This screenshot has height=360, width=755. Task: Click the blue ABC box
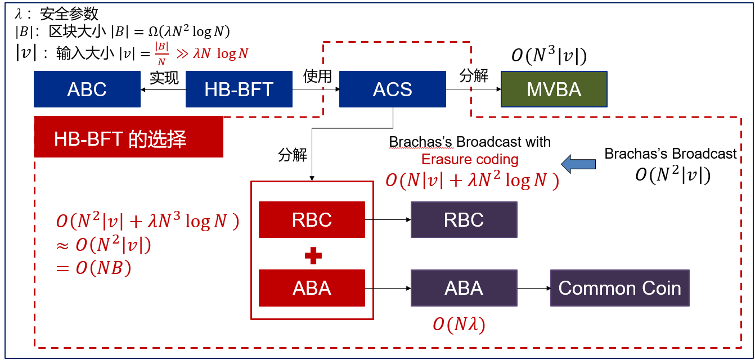87,89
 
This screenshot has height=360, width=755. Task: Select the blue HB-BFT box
239,89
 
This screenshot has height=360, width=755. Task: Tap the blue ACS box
392,89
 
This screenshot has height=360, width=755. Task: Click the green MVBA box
554,89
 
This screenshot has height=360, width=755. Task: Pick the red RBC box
312,219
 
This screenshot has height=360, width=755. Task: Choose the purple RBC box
464,219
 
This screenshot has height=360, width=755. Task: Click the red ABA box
312,288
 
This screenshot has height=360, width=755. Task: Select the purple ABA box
464,288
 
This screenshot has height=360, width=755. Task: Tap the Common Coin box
619,288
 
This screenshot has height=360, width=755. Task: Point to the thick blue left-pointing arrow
578,164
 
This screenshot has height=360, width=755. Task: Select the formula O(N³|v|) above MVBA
549,56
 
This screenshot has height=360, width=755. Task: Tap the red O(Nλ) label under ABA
459,325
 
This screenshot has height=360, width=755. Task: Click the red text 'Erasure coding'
470,159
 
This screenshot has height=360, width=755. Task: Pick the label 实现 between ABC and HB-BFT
164,77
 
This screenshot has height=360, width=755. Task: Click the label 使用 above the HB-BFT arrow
317,75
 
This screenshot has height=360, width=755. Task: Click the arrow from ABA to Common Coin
533,288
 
